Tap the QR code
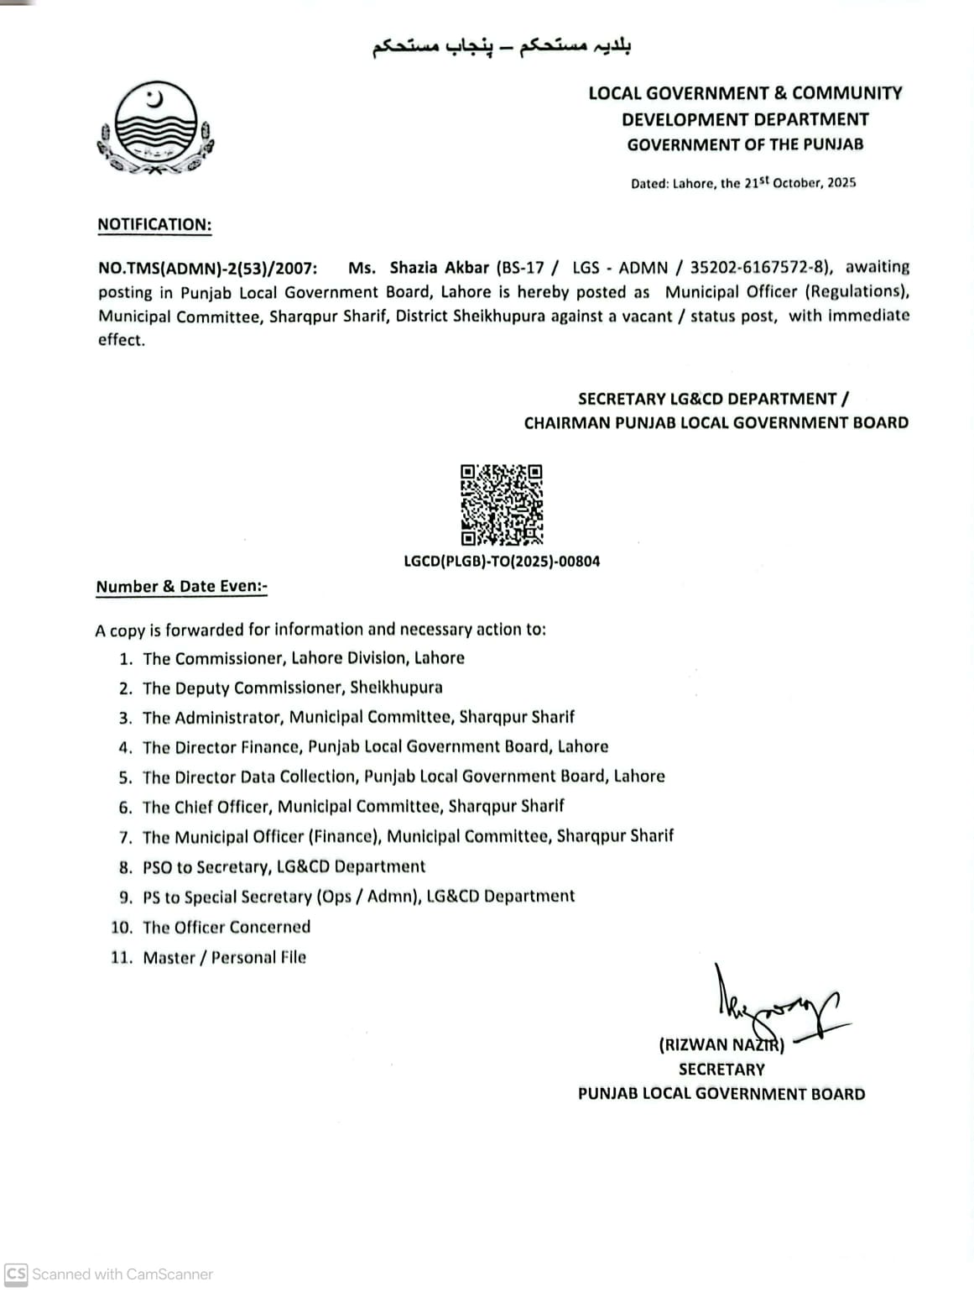pos(501,505)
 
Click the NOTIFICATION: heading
pos(154,225)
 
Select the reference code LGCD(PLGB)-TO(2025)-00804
pos(502,562)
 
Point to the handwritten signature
pos(776,1007)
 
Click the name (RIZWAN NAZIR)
pos(721,1045)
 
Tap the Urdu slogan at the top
pos(501,47)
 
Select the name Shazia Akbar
pos(439,268)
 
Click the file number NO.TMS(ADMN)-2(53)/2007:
pos(208,269)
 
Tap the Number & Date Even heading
pos(181,587)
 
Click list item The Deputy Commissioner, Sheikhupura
pos(292,688)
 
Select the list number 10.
pos(122,928)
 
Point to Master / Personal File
pos(224,958)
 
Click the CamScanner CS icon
pos(16,1274)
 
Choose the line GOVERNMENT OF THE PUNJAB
pos(745,144)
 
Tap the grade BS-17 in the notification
pos(524,268)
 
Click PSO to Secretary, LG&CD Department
pos(284,866)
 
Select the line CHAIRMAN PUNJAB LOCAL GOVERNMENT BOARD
pos(716,423)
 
